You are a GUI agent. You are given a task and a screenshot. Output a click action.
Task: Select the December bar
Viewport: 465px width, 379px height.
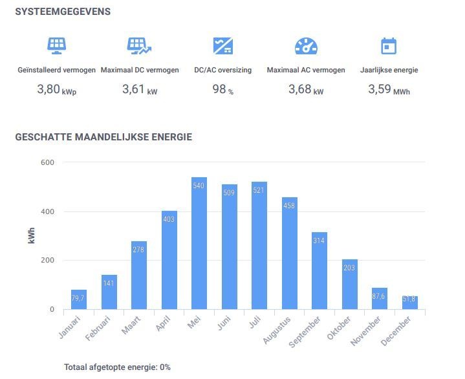tap(409, 303)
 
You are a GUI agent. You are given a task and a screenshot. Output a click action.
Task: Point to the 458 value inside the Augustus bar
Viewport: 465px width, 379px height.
tap(289, 206)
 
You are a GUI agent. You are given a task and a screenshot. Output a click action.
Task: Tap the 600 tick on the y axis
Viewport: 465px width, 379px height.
tap(47, 162)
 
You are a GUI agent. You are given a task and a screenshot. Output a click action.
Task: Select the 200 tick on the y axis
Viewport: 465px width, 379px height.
tap(47, 261)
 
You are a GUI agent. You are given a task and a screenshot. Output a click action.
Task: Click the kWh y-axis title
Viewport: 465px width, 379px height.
tap(32, 236)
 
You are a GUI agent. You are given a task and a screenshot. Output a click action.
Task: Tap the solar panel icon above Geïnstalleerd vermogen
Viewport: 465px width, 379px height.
tap(57, 46)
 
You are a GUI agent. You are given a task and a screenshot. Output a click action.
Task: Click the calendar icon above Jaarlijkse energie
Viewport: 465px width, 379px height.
tap(389, 46)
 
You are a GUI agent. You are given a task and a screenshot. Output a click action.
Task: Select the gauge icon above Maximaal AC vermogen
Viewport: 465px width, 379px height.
tap(306, 46)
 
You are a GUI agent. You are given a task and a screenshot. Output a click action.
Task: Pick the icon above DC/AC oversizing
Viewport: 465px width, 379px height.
tap(222, 46)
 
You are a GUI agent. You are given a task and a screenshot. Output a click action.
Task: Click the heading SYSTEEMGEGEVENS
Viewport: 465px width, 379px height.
tap(63, 12)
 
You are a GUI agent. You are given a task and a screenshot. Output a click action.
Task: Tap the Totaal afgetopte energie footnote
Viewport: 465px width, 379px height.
tap(117, 367)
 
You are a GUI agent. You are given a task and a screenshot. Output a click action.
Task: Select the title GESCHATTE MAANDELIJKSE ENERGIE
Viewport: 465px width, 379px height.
tap(103, 137)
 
